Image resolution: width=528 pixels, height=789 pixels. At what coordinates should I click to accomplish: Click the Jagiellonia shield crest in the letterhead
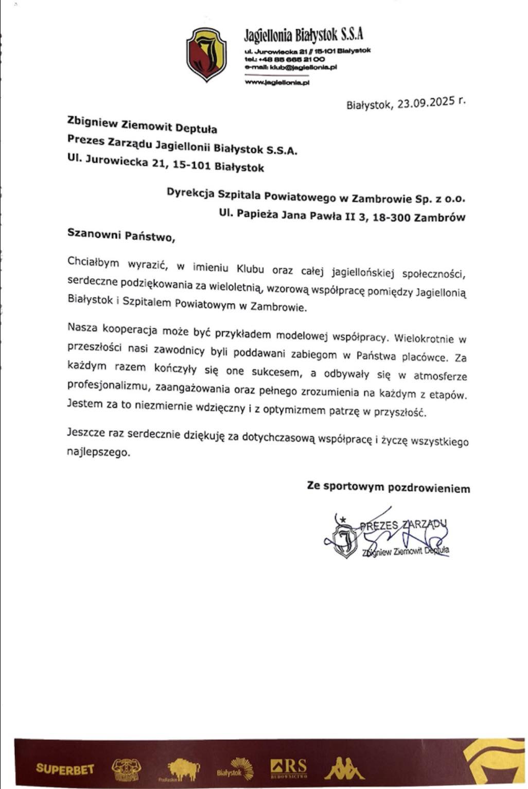(x=206, y=54)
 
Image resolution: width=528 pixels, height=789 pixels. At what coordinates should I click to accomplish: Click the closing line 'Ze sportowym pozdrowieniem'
(x=389, y=487)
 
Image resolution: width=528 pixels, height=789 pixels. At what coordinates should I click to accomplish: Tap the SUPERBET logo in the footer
(x=65, y=769)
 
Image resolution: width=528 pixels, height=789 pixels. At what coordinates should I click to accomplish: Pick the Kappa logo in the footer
(x=343, y=768)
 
